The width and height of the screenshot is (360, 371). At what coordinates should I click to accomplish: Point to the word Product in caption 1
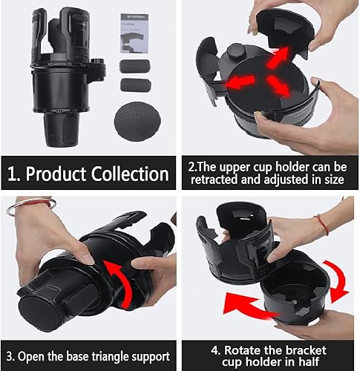click(53, 174)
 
